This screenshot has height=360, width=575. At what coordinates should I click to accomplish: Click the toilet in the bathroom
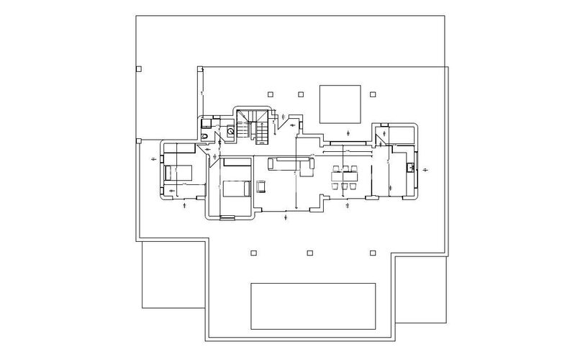coord(206,135)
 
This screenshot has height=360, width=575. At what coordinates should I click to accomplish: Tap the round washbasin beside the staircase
coord(230,131)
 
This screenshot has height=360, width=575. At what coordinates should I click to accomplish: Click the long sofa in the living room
coord(291,164)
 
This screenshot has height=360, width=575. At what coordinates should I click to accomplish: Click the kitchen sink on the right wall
coord(409,169)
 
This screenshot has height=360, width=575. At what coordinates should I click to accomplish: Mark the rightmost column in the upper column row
coord(373,93)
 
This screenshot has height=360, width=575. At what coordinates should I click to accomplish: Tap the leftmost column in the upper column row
coord(269,93)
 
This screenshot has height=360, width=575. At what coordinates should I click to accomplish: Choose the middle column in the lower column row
coord(310,252)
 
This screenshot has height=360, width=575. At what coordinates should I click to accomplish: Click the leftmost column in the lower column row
coord(253,252)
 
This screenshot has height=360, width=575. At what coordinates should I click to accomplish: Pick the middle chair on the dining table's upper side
coord(345,171)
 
